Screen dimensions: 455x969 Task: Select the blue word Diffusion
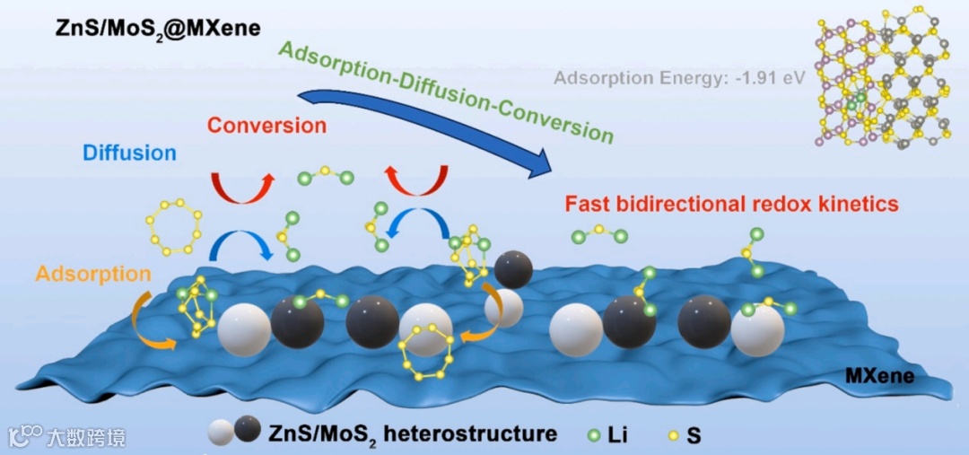129,152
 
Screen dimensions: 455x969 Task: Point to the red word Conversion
266,125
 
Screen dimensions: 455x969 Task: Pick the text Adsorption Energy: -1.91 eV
679,78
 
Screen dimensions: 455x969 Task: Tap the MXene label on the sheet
879,376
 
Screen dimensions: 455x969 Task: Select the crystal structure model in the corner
884,75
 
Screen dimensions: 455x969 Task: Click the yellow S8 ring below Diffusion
173,225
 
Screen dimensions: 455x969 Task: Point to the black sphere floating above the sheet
512,269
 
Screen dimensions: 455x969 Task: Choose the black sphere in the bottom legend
247,433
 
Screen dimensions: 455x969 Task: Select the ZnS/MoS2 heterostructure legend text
413,433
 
